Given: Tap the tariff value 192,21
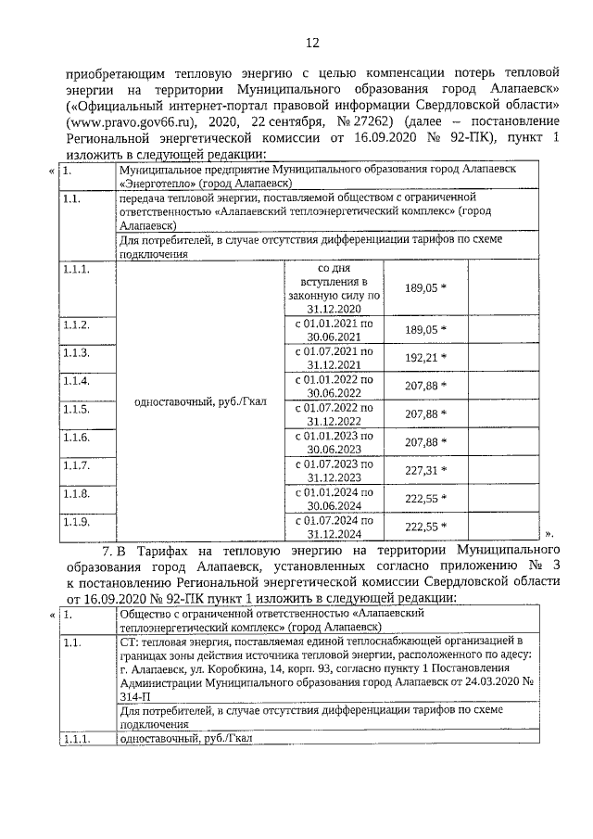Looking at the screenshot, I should click(x=425, y=358).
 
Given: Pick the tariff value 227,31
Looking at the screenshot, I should click(x=425, y=469).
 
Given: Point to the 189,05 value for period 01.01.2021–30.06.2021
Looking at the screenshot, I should click(x=425, y=329).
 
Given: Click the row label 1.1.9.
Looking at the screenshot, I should click(x=76, y=523).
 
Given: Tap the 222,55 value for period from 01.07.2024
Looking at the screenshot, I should click(x=425, y=527).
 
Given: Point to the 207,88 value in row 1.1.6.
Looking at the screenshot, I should click(x=425, y=441).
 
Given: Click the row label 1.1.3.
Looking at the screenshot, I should click(x=76, y=353).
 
